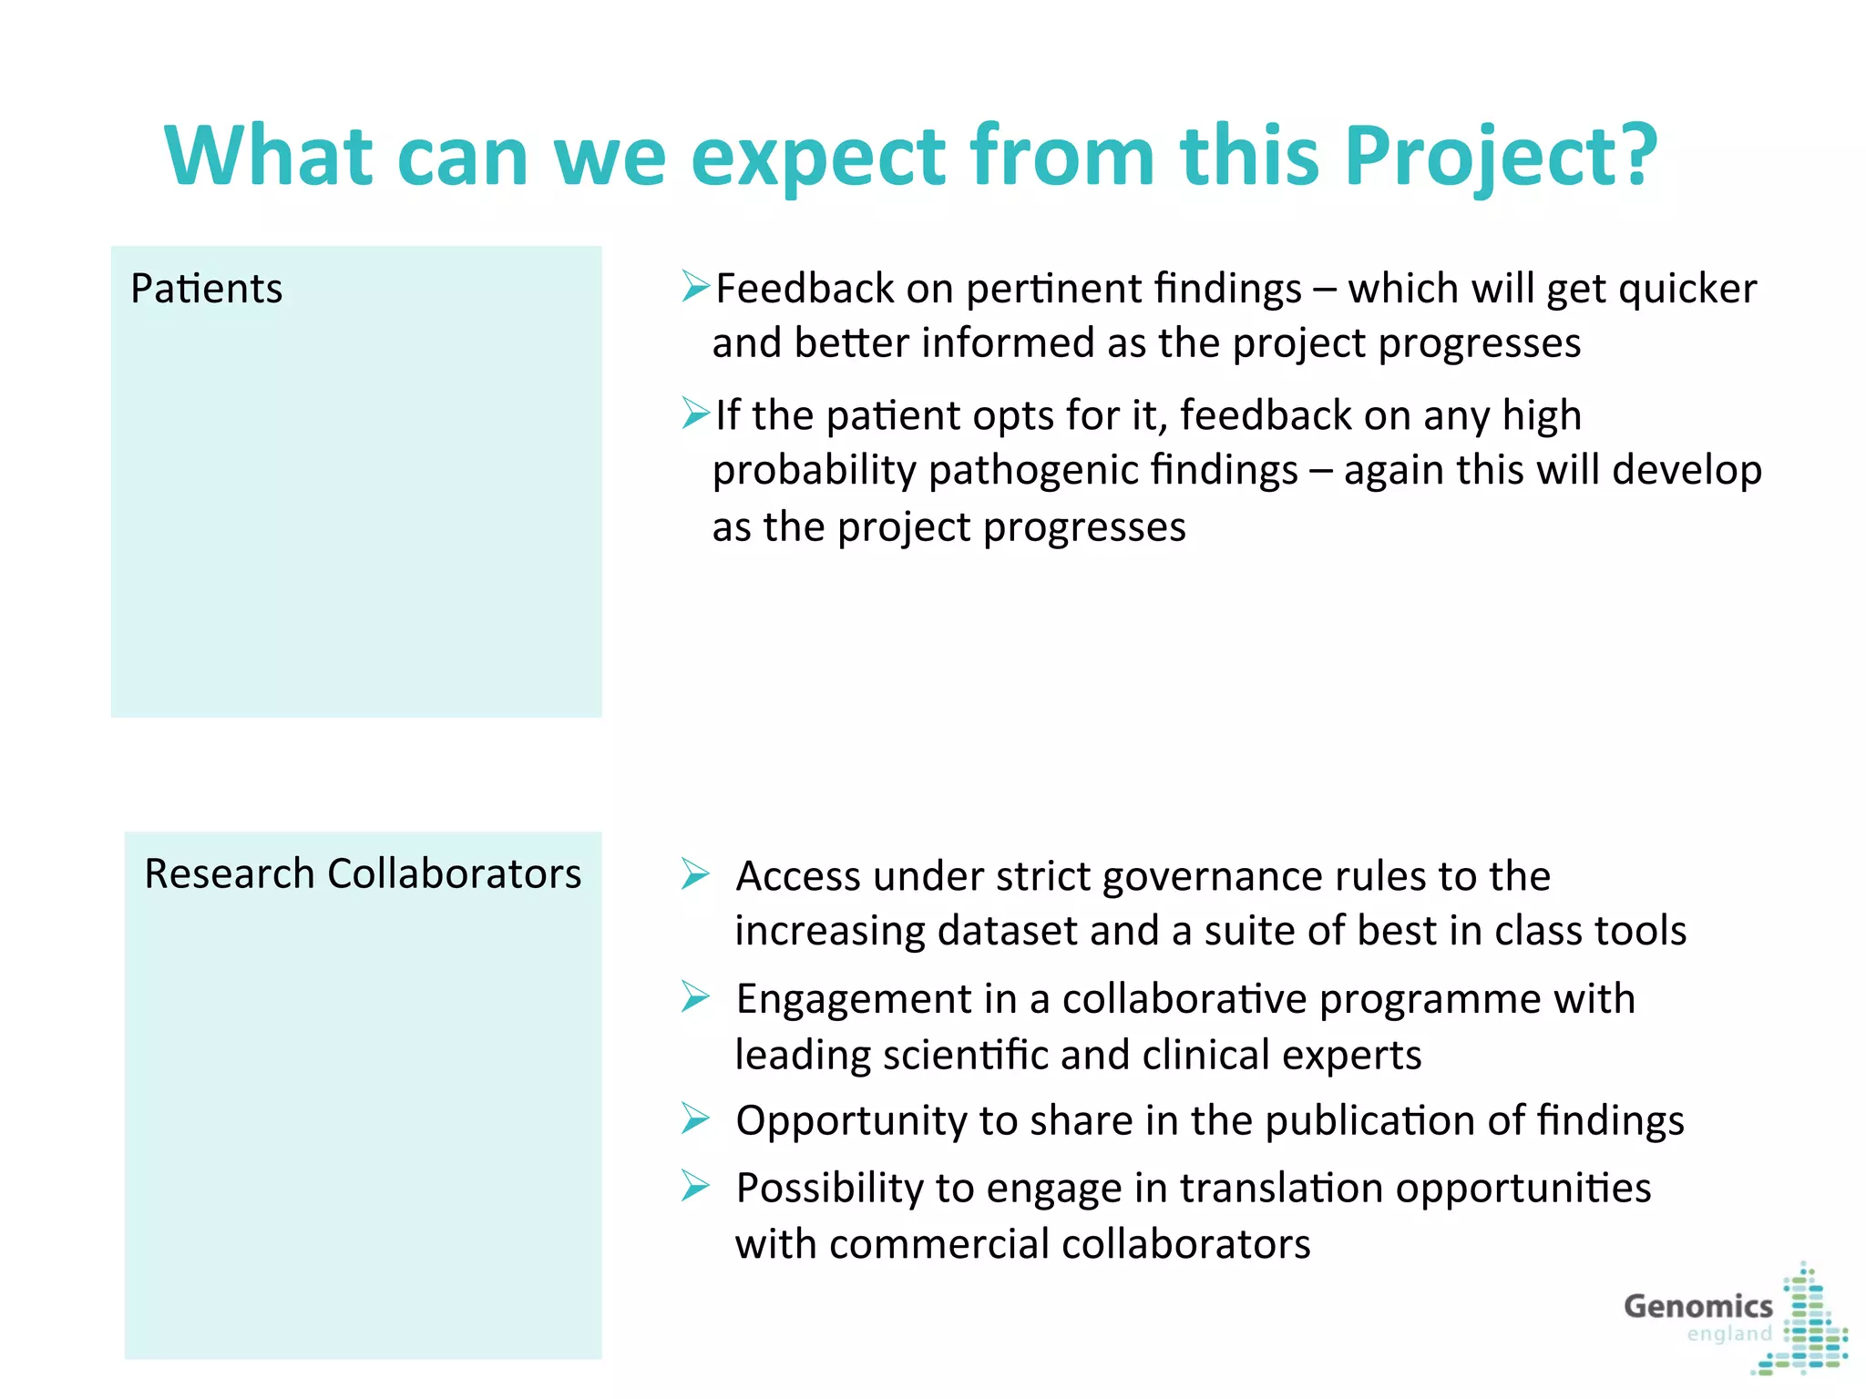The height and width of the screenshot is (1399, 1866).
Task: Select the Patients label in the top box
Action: click(x=207, y=289)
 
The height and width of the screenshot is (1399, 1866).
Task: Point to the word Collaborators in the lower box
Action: click(x=454, y=873)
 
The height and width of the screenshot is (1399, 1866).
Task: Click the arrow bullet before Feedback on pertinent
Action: click(x=695, y=287)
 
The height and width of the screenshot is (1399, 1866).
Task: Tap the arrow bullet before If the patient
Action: click(x=695, y=414)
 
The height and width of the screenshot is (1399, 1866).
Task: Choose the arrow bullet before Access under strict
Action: click(x=695, y=874)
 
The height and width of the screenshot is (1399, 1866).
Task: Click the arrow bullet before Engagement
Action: click(x=695, y=997)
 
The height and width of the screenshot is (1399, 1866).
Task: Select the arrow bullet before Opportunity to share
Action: click(x=695, y=1118)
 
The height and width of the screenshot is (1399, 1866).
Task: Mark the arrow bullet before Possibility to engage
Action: click(x=695, y=1186)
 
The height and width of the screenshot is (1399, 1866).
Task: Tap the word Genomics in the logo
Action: click(x=1698, y=1306)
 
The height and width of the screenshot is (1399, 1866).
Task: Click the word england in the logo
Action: click(x=1728, y=1335)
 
